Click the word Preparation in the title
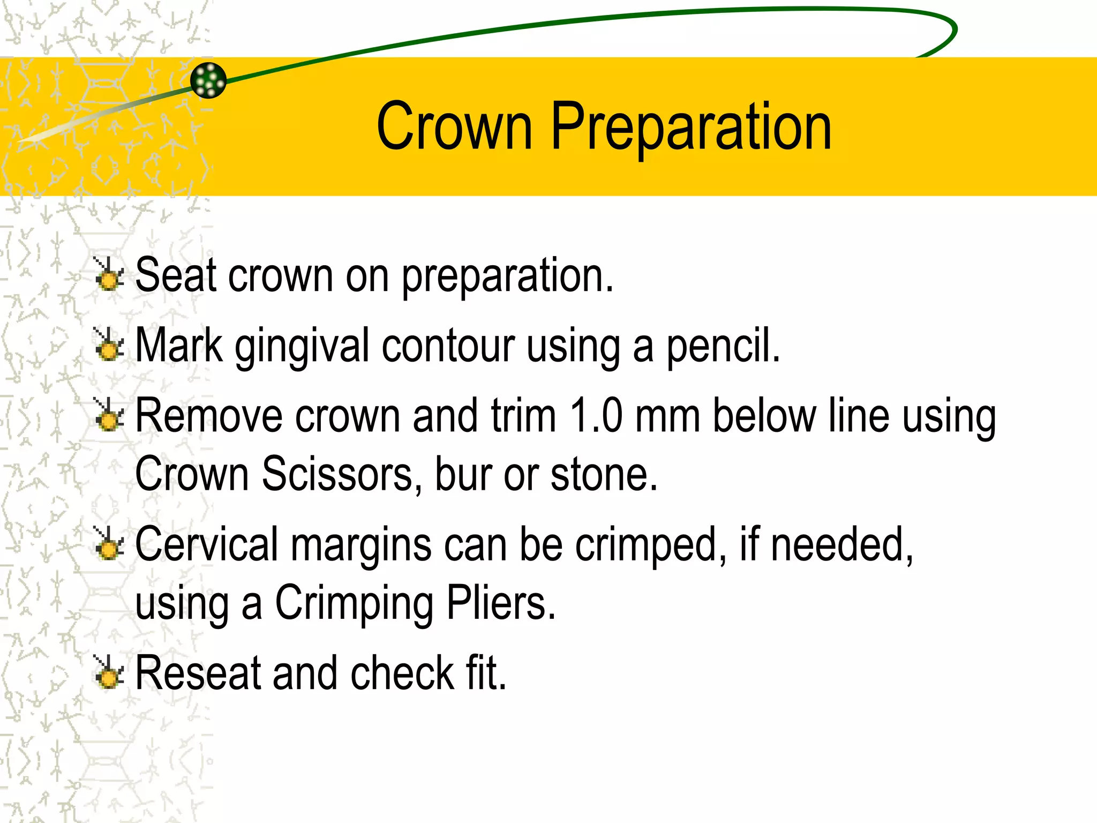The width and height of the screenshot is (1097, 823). pos(691,127)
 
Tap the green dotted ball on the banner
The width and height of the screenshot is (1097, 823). pos(208,80)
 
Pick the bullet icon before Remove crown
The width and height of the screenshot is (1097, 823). pos(109,415)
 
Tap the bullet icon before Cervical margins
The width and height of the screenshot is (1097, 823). pos(109,543)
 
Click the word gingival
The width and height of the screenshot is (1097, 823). pos(303,346)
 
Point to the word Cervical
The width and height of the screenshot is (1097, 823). pos(207,544)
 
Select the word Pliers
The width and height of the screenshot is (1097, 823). pos(501,603)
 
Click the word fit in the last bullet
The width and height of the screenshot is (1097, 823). pos(485,673)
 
